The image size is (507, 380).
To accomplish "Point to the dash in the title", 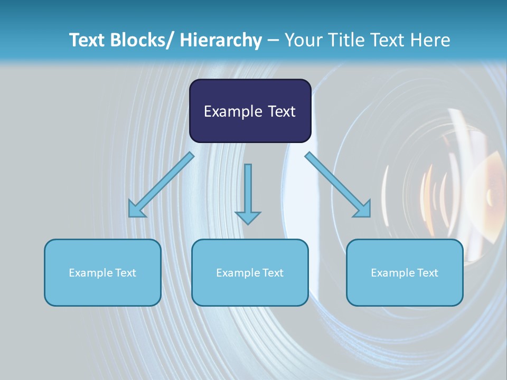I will click(273, 41).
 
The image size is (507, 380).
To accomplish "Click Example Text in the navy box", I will click(250, 111).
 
